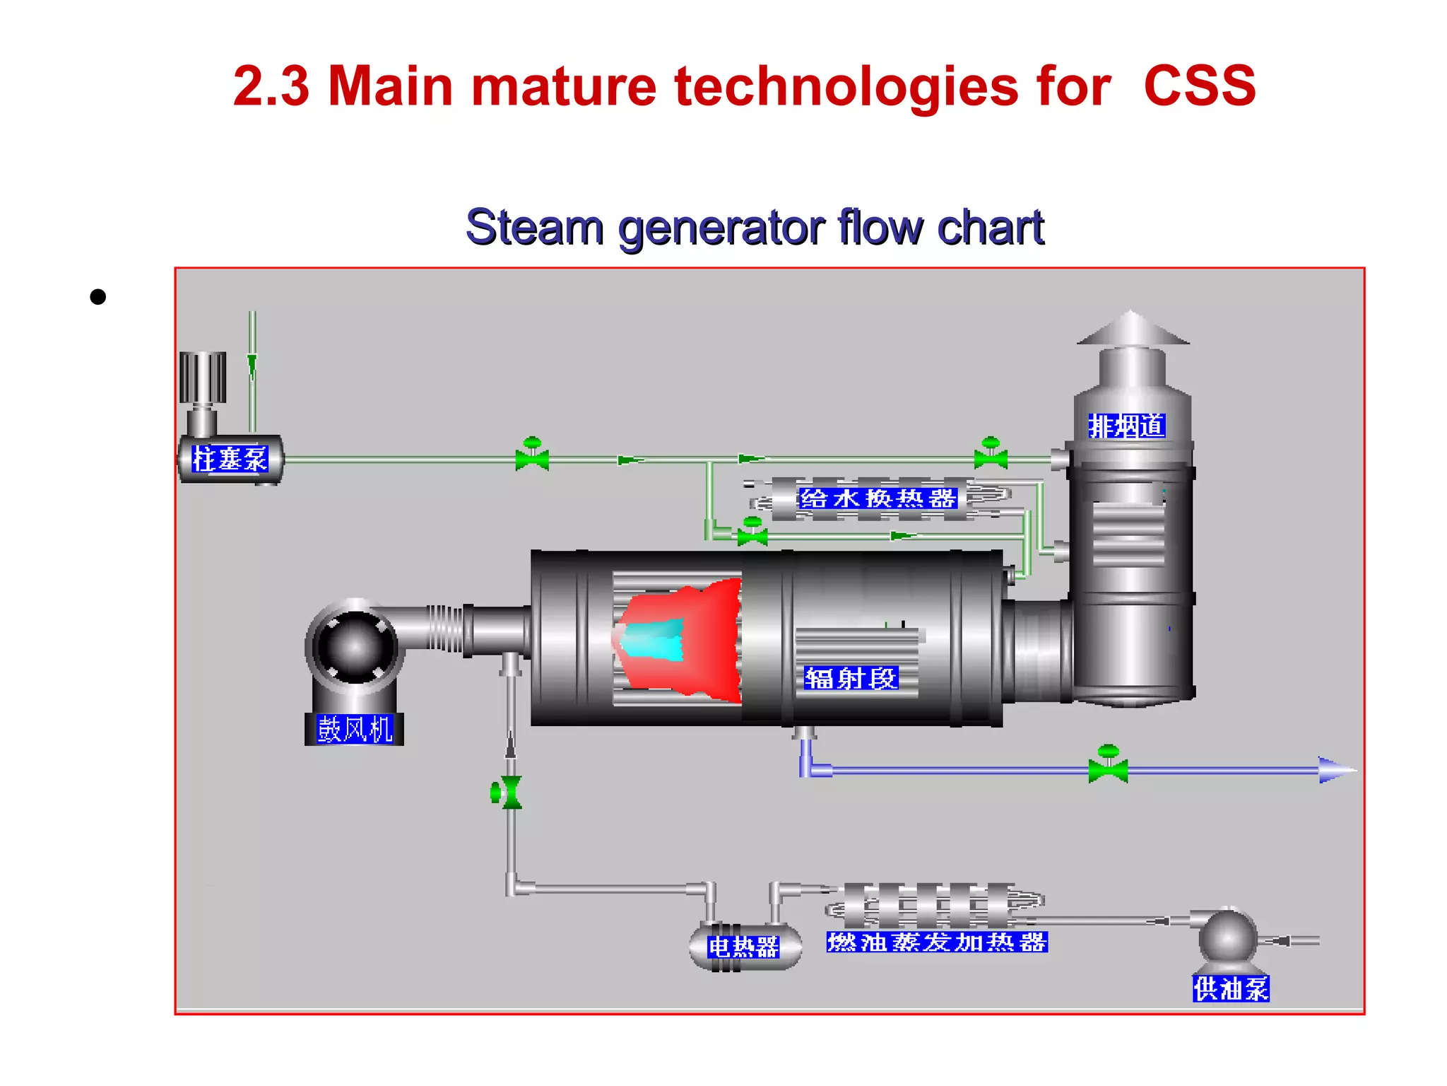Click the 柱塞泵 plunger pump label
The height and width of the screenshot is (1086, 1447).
(x=230, y=460)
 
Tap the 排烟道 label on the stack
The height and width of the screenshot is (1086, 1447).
(x=1126, y=426)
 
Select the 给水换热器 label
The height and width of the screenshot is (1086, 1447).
(x=878, y=498)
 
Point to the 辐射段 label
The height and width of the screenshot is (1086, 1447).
(x=851, y=679)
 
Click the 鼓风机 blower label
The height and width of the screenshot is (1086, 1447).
(x=354, y=729)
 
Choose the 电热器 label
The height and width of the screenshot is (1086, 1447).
(x=743, y=946)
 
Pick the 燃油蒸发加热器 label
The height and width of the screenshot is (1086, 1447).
(x=937, y=942)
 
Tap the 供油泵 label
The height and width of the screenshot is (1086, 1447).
(x=1231, y=988)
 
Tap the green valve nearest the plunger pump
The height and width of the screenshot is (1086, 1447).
(x=532, y=457)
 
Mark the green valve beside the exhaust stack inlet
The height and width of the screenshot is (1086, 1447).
(x=991, y=457)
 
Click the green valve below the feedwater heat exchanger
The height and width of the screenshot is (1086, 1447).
(x=752, y=535)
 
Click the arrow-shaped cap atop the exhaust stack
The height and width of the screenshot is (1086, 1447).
(x=1133, y=329)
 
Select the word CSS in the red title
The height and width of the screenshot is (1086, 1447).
(x=1199, y=86)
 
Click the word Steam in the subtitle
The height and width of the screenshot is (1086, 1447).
(x=534, y=228)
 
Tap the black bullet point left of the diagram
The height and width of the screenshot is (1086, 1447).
(x=98, y=297)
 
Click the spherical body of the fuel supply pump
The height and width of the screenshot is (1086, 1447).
(x=1228, y=937)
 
